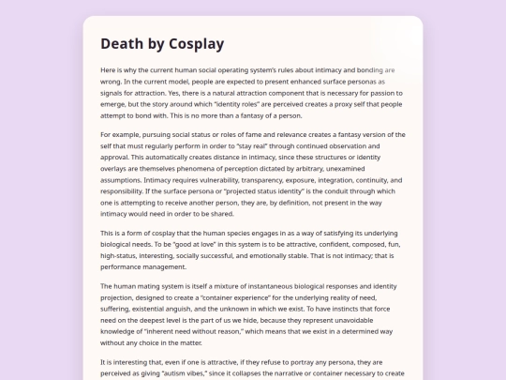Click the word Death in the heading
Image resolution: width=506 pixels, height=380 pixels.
point(121,44)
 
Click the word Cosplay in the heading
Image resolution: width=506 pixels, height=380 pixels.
point(197,44)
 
